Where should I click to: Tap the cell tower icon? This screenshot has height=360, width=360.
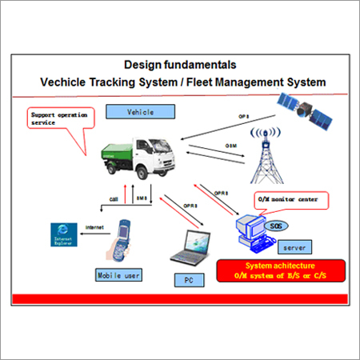pos(263,154)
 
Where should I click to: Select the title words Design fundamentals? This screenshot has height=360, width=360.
pos(179,63)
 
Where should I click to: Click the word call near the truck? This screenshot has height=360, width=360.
pos(114,198)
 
